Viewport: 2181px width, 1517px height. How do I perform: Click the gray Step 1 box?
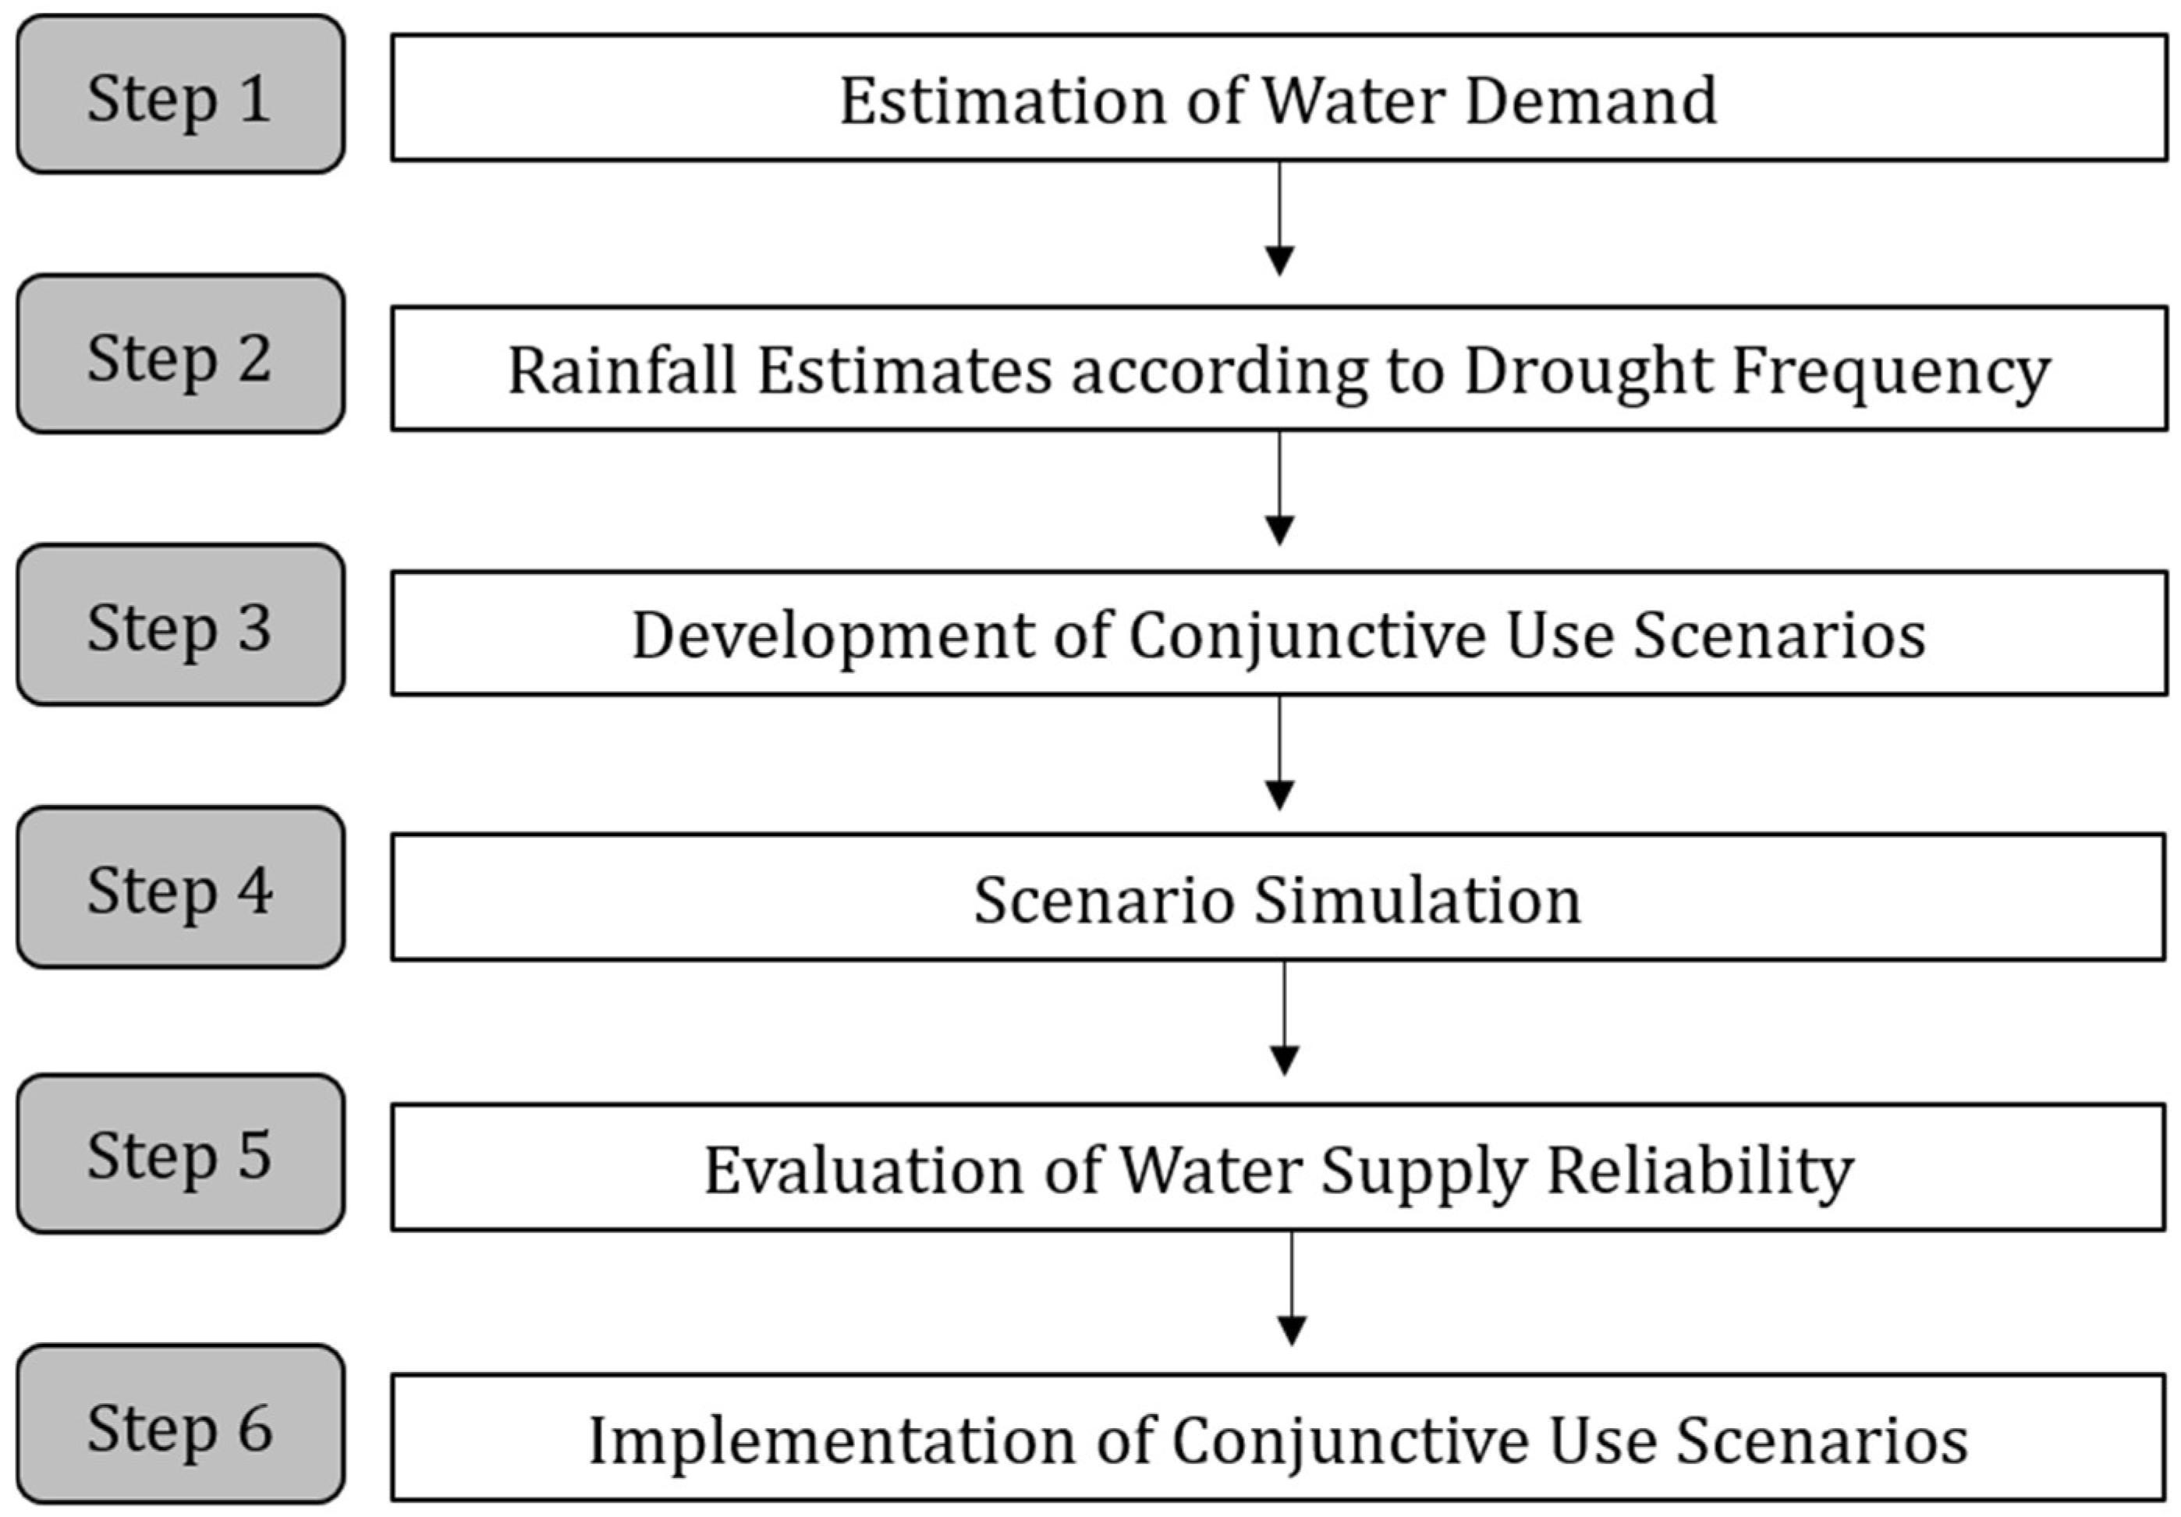(x=180, y=94)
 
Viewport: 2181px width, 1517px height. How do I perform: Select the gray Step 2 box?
(x=180, y=354)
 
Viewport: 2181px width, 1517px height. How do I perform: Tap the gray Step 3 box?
(x=180, y=624)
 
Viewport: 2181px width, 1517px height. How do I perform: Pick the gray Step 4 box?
(x=180, y=888)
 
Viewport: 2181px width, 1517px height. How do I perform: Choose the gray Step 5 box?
(x=180, y=1154)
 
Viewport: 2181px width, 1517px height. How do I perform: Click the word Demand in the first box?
(x=1591, y=100)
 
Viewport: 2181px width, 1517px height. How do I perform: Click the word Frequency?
(x=1890, y=371)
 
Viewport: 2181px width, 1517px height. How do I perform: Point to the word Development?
(x=833, y=636)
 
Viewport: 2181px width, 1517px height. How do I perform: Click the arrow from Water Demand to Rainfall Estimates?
(x=1279, y=218)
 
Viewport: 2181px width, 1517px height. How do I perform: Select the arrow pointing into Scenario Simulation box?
(x=1279, y=753)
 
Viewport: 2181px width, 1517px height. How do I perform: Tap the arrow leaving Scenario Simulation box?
(x=1284, y=1019)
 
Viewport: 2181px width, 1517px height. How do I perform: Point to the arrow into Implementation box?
(x=1292, y=1289)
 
